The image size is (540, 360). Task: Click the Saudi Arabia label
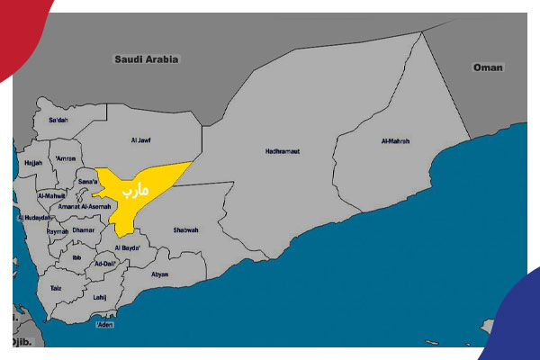pos(147,59)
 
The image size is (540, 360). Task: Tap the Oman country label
pos(489,67)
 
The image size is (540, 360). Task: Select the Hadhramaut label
pos(283,150)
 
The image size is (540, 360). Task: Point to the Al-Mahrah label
pos(397,140)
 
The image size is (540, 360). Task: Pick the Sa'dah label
pos(57,120)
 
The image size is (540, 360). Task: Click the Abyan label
pos(160,274)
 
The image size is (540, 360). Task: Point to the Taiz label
pos(56,288)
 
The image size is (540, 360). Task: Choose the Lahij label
pos(100,297)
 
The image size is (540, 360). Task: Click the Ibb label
pos(77,256)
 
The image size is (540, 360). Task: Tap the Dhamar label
pos(83,229)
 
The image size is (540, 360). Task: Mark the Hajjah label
pos(33,163)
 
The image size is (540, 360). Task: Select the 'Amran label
pos(65,159)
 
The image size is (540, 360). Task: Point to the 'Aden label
pos(105,324)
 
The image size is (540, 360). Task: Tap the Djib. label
pos(22,343)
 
